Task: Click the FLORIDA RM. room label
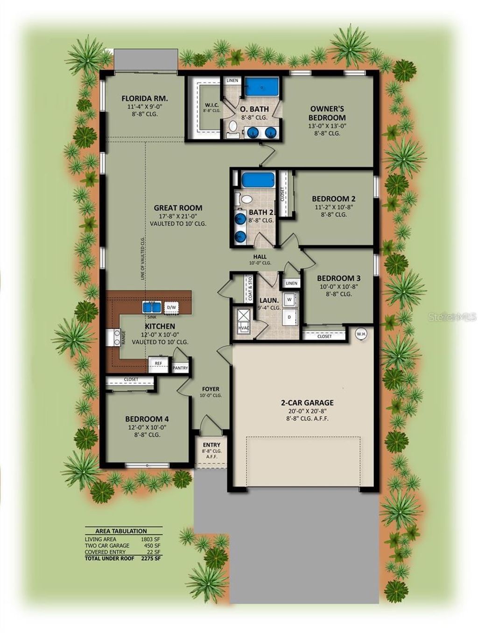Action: pos(144,99)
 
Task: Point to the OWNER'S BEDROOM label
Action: pos(327,113)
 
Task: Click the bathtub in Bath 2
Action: pos(259,180)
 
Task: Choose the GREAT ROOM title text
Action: pos(178,208)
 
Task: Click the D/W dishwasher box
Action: pos(171,307)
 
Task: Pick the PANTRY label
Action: pos(180,368)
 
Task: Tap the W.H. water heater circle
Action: pos(360,334)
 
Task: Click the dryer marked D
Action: pos(289,316)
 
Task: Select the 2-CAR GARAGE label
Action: pos(307,403)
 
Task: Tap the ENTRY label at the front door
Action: pos(211,445)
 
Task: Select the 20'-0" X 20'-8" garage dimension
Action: pos(307,411)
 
